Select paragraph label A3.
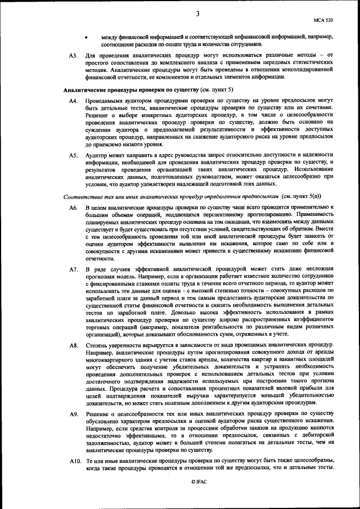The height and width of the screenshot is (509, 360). click(73, 56)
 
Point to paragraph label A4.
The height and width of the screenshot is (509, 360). click(73, 101)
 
